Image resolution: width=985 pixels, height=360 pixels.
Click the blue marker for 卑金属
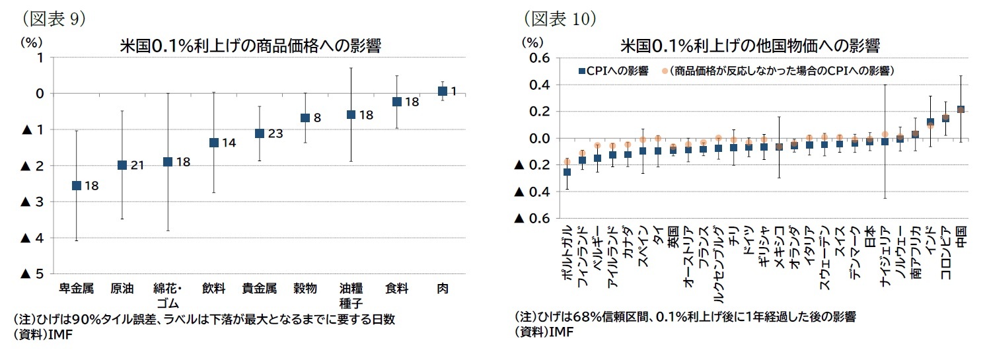76,186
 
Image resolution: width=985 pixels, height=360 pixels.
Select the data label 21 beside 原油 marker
137,165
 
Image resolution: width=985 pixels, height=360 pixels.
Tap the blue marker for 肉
442,91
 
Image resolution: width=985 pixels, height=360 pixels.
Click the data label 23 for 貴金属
275,133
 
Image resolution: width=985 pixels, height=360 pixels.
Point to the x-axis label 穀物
305,289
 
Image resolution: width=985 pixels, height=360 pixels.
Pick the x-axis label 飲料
214,289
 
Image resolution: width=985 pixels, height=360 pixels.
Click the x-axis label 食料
396,289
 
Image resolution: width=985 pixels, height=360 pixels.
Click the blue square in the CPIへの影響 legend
581,71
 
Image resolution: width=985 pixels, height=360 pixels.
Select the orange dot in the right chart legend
665,71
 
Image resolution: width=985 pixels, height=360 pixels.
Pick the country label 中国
961,236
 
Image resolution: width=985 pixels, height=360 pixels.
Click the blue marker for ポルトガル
567,172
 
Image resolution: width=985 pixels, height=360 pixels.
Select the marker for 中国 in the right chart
961,110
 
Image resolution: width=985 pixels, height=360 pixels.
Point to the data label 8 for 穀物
317,118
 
